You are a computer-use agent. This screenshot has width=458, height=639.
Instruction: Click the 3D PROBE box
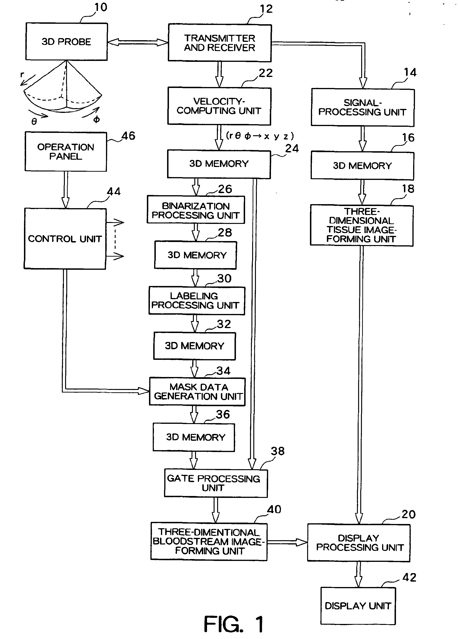pyautogui.click(x=67, y=41)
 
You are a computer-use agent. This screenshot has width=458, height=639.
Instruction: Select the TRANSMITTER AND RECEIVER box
pyautogui.click(x=219, y=43)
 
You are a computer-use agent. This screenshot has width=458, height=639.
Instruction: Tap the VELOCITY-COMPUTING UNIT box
pyautogui.click(x=219, y=106)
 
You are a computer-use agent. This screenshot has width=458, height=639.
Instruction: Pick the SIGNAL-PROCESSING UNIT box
pyautogui.click(x=363, y=107)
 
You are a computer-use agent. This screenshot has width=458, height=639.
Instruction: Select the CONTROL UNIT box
pyautogui.click(x=65, y=239)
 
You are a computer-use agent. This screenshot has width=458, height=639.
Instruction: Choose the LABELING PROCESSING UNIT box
pyautogui.click(x=196, y=301)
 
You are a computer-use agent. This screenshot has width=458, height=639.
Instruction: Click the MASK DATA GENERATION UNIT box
pyautogui.click(x=197, y=392)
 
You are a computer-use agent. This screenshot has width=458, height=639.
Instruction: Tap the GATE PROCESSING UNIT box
pyautogui.click(x=216, y=483)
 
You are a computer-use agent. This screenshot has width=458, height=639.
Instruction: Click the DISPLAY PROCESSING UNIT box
pyautogui.click(x=359, y=543)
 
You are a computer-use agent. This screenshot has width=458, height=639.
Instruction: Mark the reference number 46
pyautogui.click(x=128, y=136)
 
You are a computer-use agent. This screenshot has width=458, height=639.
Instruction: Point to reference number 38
pyautogui.click(x=278, y=451)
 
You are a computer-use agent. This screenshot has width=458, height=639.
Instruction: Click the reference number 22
pyautogui.click(x=266, y=73)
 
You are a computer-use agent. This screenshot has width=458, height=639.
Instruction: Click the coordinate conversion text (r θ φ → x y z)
pyautogui.click(x=260, y=136)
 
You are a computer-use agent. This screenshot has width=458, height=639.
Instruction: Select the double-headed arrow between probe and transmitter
pyautogui.click(x=138, y=42)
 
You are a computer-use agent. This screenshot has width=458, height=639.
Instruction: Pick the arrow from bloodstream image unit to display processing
pyautogui.click(x=287, y=542)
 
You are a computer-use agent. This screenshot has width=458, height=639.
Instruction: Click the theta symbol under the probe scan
pyautogui.click(x=34, y=121)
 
